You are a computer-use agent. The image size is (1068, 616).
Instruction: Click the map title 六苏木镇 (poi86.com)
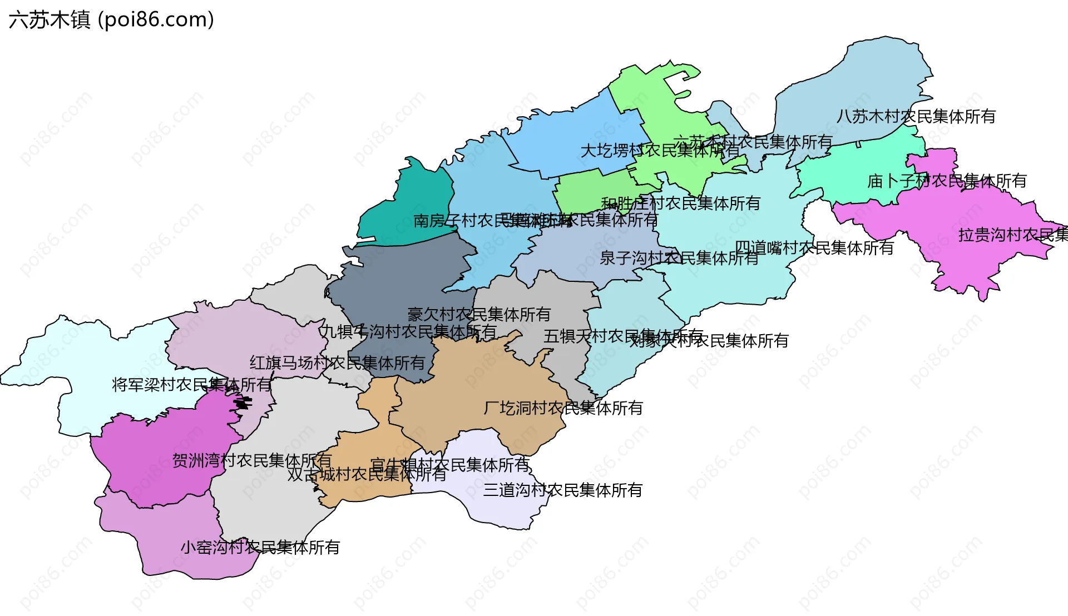click(x=111, y=20)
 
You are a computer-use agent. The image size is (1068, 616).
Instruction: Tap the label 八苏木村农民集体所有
click(x=916, y=117)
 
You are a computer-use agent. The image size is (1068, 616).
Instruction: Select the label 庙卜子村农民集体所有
click(x=947, y=181)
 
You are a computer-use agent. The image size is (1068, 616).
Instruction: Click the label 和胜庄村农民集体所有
click(x=680, y=203)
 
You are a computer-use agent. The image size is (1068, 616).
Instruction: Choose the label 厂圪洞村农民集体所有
click(x=563, y=408)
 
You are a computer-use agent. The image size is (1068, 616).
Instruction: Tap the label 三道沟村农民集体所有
click(x=562, y=490)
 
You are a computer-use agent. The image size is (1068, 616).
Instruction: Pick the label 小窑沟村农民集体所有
click(x=260, y=548)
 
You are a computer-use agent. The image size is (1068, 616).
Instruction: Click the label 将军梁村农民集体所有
click(x=191, y=385)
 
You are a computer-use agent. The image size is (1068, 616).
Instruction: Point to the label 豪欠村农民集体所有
click(x=478, y=315)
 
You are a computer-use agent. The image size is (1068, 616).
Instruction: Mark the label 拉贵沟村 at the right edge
click(x=1012, y=235)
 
